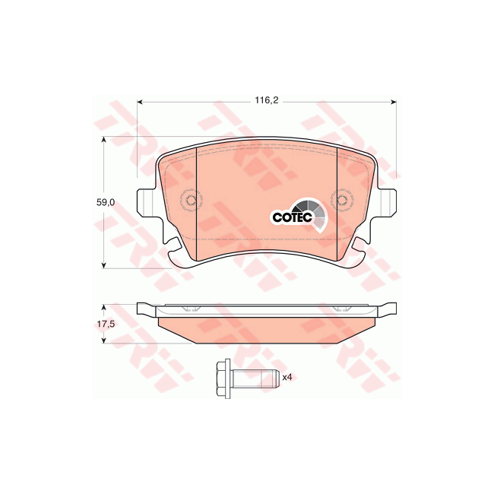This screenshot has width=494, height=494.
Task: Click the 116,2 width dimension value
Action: click(265, 100)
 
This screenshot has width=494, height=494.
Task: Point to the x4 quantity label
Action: click(287, 376)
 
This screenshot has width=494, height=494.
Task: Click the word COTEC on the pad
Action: click(289, 217)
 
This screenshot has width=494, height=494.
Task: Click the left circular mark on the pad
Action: click(191, 201)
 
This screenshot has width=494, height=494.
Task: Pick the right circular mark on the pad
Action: click(343, 201)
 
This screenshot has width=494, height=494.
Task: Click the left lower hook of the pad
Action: click(174, 247)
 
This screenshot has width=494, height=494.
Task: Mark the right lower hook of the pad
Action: click(359, 247)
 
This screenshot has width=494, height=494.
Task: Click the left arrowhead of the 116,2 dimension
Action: click(140, 101)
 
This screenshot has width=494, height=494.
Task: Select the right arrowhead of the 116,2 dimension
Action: click(393, 101)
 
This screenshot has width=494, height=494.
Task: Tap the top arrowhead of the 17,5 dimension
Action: click(104, 306)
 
